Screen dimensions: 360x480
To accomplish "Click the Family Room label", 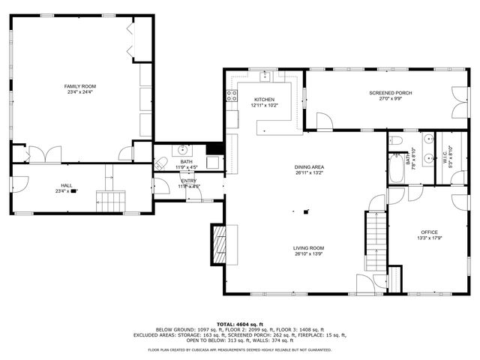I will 79,86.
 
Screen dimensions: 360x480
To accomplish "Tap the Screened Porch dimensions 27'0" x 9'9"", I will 390,99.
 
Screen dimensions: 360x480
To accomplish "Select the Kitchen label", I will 264,100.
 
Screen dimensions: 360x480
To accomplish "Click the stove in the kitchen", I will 232,95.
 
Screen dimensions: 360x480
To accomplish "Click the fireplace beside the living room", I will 219,244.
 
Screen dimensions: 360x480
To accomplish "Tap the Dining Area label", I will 309,166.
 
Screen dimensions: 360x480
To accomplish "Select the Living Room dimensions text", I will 309,253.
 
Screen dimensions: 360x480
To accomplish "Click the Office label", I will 429,232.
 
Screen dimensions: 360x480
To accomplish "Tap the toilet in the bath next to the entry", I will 160,164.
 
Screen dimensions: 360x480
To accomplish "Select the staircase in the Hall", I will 110,201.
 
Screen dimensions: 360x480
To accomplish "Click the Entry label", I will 188,181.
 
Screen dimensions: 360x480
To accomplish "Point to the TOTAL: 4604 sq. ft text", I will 239,323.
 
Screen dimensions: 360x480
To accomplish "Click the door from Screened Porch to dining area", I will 325,122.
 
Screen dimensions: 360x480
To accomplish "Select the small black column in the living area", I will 305,211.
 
